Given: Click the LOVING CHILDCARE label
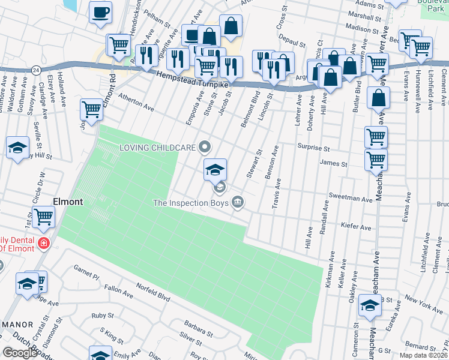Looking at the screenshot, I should pos(158,147).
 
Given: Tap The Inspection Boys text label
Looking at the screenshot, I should pos(191,203).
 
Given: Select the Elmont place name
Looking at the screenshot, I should pos(68,202).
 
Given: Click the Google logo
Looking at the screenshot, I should pos(20,353).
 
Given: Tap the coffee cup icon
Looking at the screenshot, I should pos(100,11).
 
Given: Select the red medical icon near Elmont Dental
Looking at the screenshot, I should pos(43,243).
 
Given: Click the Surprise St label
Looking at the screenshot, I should pos(314,148).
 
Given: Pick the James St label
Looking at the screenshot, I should pos(334,164).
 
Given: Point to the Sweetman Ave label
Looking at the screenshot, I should pos(351,197).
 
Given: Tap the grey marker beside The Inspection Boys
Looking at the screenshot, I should pos(238,201).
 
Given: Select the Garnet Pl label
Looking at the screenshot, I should pos(85,271).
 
